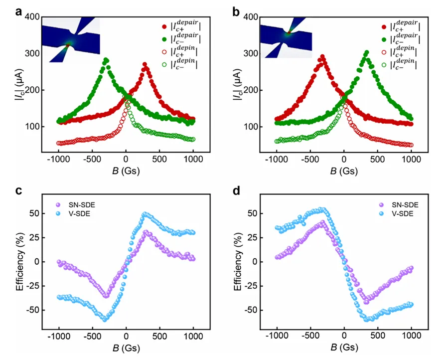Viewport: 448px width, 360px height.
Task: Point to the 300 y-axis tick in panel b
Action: (x=250, y=54)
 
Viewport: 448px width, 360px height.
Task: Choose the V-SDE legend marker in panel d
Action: (x=382, y=214)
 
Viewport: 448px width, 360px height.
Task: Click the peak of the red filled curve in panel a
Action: (x=145, y=64)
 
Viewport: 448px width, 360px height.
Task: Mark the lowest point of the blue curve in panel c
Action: (x=105, y=319)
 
